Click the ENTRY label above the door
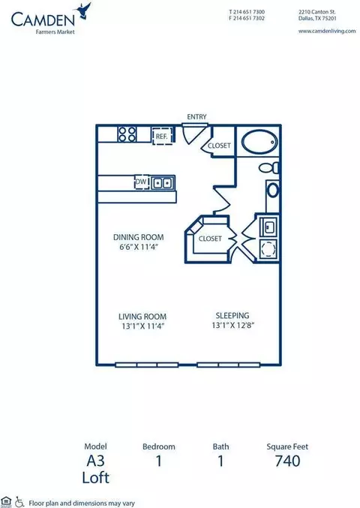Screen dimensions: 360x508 (196, 116)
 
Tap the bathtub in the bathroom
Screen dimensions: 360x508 (259, 143)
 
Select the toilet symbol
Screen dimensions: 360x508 (269, 167)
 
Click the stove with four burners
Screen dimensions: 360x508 (127, 134)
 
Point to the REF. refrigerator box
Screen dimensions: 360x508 (161, 136)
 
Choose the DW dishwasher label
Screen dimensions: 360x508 (141, 182)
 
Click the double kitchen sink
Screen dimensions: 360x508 (162, 183)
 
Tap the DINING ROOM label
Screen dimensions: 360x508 (138, 237)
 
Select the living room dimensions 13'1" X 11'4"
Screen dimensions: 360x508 (143, 326)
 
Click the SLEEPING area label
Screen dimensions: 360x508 (232, 315)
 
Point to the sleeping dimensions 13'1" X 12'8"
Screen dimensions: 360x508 (233, 325)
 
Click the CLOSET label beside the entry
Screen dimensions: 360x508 (219, 146)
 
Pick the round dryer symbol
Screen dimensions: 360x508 (268, 249)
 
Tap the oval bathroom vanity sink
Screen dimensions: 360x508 (273, 190)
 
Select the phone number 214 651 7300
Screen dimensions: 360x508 (249, 12)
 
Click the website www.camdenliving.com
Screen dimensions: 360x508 (327, 31)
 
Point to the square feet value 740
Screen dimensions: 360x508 (287, 461)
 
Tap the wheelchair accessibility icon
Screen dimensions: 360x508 (19, 502)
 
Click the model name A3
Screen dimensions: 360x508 (95, 461)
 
